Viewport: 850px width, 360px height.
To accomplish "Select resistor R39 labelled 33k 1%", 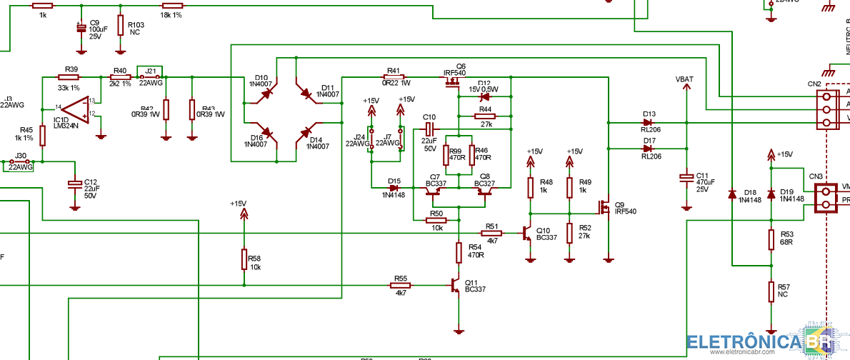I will pyautogui.click(x=70, y=77).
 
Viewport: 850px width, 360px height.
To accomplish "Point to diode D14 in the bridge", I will pyautogui.click(x=306, y=133).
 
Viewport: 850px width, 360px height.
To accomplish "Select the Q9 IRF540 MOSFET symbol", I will pyautogui.click(x=605, y=208).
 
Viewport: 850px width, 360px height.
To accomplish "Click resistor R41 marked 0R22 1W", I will pyautogui.click(x=394, y=77).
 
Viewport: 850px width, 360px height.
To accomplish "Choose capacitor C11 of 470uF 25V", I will pyautogui.click(x=686, y=176).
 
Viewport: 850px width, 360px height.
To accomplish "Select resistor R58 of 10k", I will pyautogui.click(x=244, y=260).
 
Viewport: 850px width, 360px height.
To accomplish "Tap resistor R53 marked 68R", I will pyautogui.click(x=771, y=239).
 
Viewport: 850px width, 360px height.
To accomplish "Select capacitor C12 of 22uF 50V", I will pyautogui.click(x=74, y=184).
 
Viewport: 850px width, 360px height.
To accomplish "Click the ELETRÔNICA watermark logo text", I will pyautogui.click(x=743, y=342).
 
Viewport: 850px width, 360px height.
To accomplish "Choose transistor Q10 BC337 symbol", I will pyautogui.click(x=527, y=234).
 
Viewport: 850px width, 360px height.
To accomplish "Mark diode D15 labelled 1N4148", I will pyautogui.click(x=394, y=188).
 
